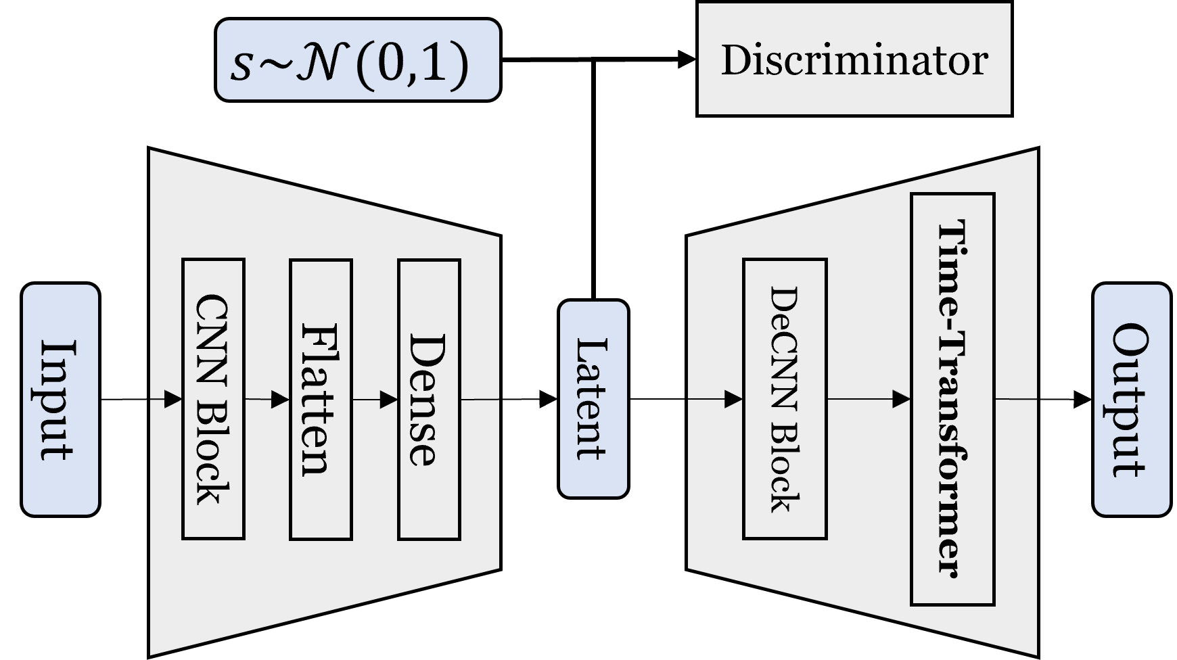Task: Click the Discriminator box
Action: coord(854,59)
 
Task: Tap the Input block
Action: coord(60,400)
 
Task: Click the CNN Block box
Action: coord(213,399)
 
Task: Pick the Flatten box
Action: coord(321,399)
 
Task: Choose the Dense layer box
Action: coord(429,399)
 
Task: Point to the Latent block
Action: coord(593,399)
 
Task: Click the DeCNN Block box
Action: coord(785,399)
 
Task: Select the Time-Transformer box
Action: coord(952,399)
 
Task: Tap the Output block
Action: coord(1131,400)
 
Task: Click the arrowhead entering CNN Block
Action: coord(174,400)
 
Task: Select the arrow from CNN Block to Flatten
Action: coord(267,400)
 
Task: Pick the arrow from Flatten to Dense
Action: coord(375,400)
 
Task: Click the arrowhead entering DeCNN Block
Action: coord(733,400)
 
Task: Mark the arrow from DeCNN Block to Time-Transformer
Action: coord(869,400)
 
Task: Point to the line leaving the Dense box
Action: coord(480,400)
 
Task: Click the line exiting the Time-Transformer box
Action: coord(1015,400)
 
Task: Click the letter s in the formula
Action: coord(241,66)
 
